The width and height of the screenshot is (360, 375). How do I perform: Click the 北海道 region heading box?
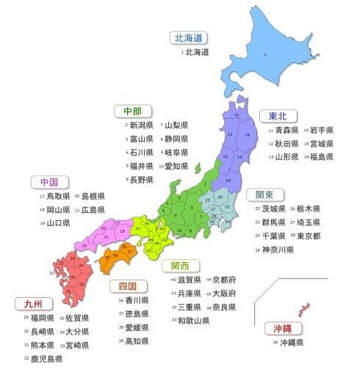(x=188, y=37)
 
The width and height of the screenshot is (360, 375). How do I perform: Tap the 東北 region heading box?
(x=275, y=115)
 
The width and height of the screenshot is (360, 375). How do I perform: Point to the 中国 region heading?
(x=49, y=181)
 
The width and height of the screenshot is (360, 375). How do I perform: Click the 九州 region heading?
(x=33, y=302)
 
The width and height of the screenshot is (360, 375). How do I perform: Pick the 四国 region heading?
(x=126, y=285)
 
